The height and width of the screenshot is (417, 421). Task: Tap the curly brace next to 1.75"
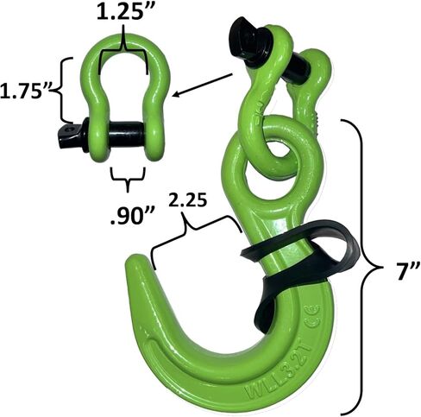pos(66,91)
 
